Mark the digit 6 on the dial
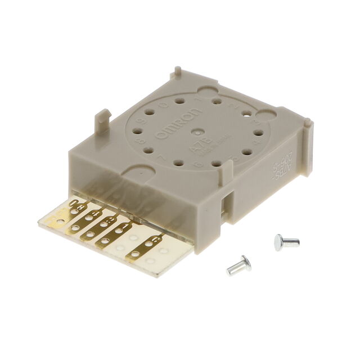pyautogui.click(x=196, y=164)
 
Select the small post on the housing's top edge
pyautogui.click(x=178, y=71)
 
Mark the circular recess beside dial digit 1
pyautogui.click(x=208, y=91)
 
